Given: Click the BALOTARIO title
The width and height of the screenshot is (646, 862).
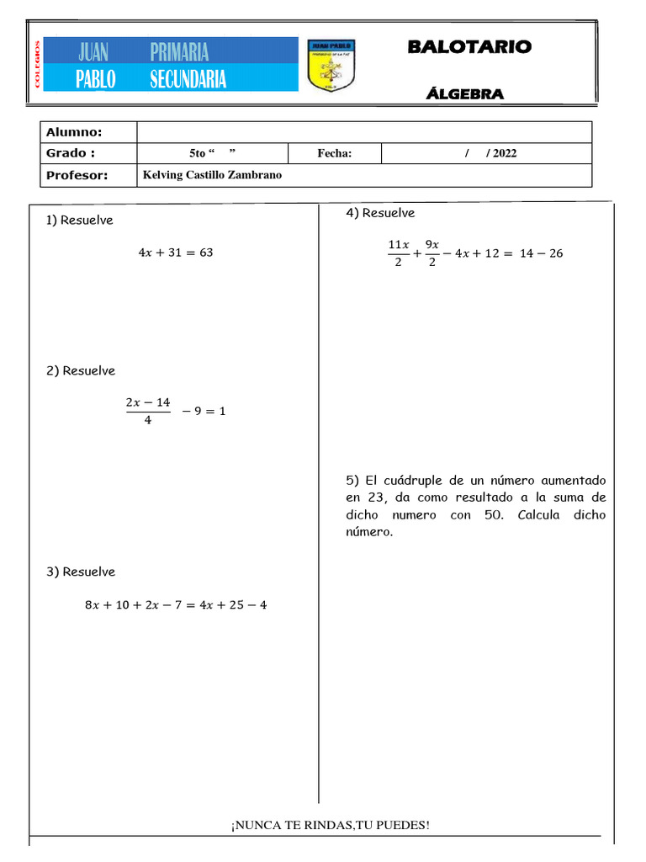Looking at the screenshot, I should [x=469, y=47].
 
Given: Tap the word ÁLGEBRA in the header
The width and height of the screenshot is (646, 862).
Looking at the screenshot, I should [x=465, y=94].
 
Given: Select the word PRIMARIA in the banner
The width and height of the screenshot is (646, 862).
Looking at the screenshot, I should [x=179, y=53].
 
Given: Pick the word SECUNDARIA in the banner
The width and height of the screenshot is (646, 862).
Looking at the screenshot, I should [x=188, y=79].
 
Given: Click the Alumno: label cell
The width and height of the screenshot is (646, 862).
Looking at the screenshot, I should [x=74, y=132].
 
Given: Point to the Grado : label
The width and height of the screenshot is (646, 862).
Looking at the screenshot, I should [x=71, y=153].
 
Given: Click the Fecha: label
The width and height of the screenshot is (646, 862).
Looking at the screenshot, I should [x=334, y=153].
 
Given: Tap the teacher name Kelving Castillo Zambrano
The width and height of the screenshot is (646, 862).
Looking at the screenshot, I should [x=213, y=175].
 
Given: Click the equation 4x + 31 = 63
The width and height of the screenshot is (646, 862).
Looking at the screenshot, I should [x=175, y=253].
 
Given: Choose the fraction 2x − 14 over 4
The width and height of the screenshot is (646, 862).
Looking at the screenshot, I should [x=148, y=411].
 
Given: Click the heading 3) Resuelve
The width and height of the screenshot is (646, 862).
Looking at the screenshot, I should [x=81, y=572].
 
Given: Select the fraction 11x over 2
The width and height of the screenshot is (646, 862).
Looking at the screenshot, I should [x=398, y=253].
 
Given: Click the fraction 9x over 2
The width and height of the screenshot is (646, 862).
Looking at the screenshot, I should [x=432, y=253].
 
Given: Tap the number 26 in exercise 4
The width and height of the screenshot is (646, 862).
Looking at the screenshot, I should [x=555, y=253].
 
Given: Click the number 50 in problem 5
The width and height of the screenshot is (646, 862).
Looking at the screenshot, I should [x=493, y=515].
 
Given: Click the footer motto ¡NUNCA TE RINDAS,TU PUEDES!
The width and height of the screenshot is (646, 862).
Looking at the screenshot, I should [x=331, y=824].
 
